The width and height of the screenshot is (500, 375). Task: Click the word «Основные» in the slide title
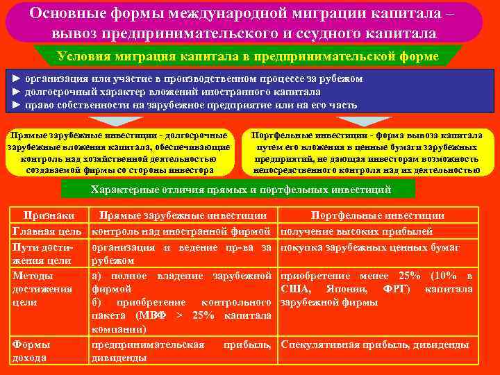[x=75, y=14]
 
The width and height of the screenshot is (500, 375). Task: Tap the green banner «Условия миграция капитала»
[x=249, y=56]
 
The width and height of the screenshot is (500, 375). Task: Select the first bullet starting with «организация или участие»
[x=187, y=79]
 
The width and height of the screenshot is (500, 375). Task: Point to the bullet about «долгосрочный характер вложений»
[x=167, y=92]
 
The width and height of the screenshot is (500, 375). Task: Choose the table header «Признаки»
[x=49, y=216]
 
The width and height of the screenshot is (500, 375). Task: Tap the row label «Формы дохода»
[x=32, y=351]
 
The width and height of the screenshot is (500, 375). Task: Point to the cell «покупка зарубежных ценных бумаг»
[x=369, y=247]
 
